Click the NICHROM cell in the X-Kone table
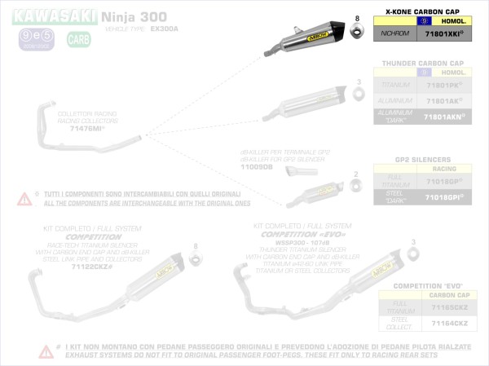pos(393,34)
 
